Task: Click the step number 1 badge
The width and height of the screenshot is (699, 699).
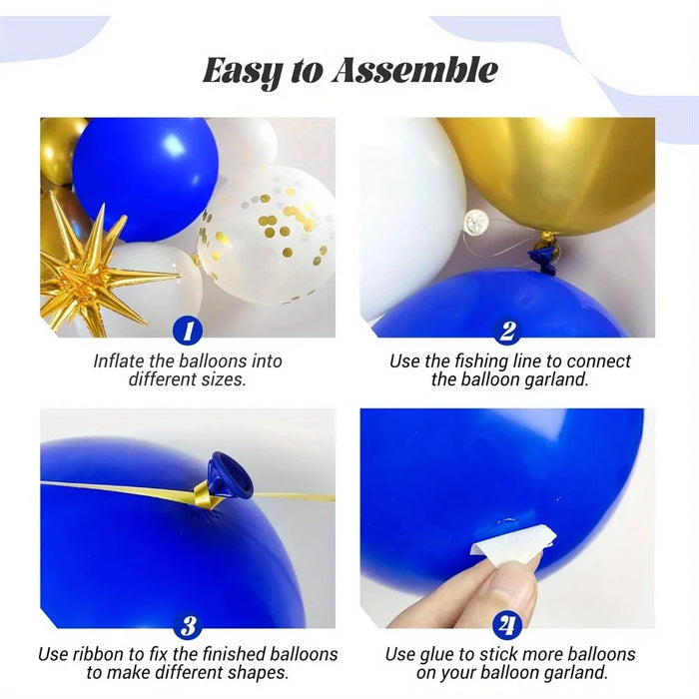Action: (x=188, y=332)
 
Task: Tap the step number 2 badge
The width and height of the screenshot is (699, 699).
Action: (x=508, y=332)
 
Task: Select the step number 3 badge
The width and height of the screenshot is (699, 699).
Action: (x=188, y=626)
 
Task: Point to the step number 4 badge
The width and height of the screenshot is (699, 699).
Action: (x=508, y=626)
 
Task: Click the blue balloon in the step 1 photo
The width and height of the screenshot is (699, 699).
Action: (x=144, y=177)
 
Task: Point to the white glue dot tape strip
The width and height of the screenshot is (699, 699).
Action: (x=498, y=543)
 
